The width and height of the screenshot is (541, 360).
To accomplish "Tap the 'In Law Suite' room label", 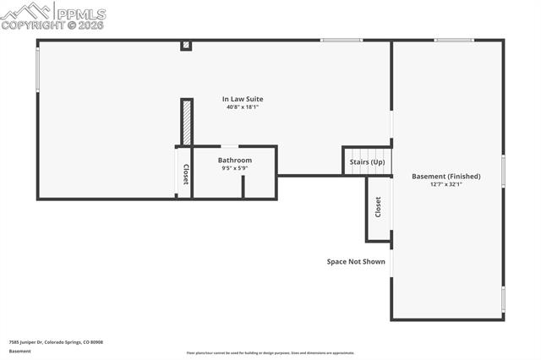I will (243, 99).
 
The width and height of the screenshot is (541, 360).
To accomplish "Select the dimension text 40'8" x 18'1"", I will (243, 107).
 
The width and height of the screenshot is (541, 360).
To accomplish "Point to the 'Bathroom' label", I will (234, 160).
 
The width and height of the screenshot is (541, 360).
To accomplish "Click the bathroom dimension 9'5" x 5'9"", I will (234, 168).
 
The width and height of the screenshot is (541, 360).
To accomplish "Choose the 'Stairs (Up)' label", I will (367, 161).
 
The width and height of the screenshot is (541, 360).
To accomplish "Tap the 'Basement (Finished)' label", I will (445, 176).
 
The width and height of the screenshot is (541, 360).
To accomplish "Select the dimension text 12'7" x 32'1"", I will (445, 184).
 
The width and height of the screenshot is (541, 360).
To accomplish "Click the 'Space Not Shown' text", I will (356, 261).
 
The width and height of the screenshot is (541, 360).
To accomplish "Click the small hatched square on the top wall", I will (186, 46).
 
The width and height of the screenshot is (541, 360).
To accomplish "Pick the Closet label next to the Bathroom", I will (185, 174).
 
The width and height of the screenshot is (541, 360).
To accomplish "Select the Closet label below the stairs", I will (378, 207).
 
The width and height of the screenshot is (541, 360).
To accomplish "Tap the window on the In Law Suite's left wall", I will (38, 68).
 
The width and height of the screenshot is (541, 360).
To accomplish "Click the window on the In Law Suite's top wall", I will (341, 40).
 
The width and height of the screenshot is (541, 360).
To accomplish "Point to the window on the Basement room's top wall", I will (454, 40).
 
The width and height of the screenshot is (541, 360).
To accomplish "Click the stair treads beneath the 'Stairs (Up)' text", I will (367, 170).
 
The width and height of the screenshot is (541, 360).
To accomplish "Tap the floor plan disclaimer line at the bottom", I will (270, 353).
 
